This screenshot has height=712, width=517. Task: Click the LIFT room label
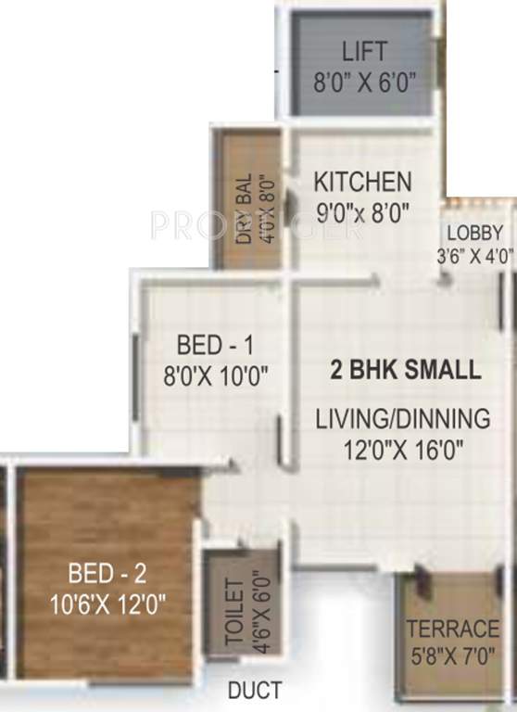(363, 50)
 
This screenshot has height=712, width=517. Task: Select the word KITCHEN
(361, 181)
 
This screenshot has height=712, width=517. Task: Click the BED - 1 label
(215, 346)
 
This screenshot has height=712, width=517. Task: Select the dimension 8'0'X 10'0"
(215, 375)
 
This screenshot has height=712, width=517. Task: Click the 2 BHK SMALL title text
(406, 370)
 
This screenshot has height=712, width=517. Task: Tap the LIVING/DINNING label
(402, 419)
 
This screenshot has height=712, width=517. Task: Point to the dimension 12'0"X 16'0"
(402, 450)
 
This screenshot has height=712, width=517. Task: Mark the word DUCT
(256, 692)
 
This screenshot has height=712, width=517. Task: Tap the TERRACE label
(453, 629)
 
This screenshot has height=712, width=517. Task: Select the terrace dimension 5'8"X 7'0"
(453, 660)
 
